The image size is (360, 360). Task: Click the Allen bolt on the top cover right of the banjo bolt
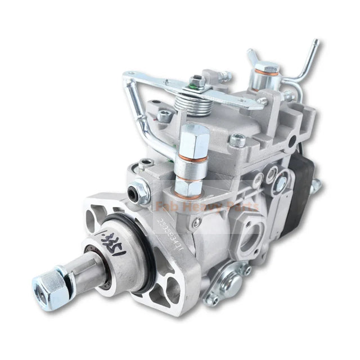[x=237, y=140]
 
